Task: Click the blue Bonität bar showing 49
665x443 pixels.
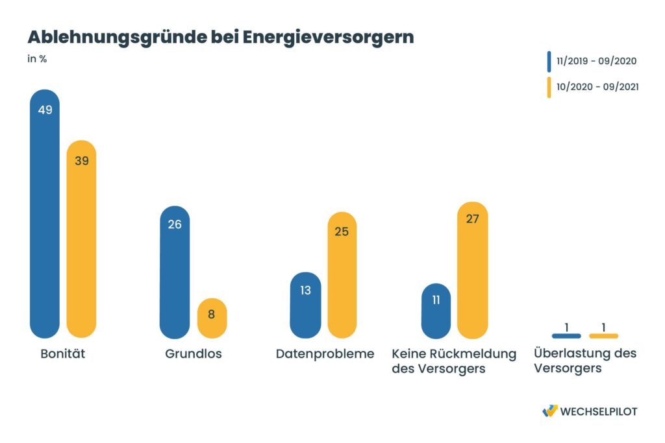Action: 45,214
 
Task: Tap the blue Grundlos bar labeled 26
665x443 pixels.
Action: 175,272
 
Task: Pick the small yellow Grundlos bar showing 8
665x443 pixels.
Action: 212,318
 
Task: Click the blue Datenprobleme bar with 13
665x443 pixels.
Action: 305,305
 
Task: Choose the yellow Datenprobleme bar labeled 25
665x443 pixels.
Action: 342,275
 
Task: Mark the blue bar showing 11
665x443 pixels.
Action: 436,311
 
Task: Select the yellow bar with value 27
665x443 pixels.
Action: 473,270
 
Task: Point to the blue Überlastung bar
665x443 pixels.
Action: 566,336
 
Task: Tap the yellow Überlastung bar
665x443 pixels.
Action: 603,336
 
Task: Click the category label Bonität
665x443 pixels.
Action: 63,354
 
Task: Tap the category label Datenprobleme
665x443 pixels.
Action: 325,354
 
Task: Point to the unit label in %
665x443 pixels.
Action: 37,59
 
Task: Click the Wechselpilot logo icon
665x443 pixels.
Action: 550,411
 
